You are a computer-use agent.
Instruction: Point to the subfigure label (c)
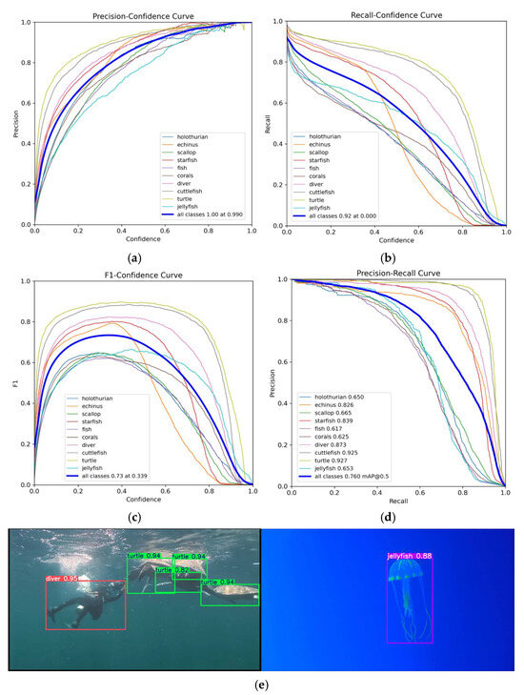tap(134, 516)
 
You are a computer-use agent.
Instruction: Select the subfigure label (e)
tap(261, 684)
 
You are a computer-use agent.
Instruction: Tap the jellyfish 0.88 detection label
tap(410, 555)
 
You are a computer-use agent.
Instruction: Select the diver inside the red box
tap(78, 606)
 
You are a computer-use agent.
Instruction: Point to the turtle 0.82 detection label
tap(172, 569)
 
